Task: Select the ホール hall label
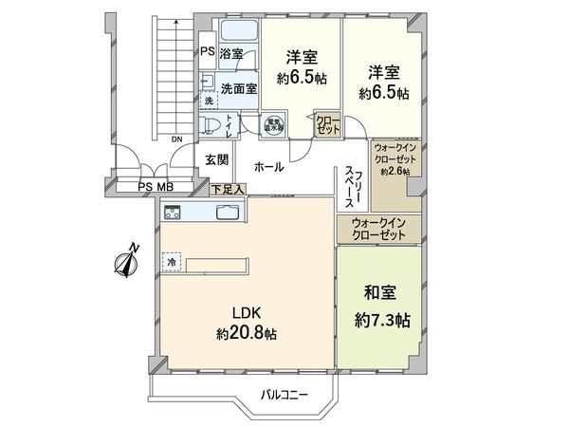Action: tap(268, 167)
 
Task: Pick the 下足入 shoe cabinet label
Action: tap(228, 189)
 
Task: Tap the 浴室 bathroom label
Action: tap(231, 53)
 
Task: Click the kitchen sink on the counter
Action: tap(229, 211)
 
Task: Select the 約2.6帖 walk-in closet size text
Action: tap(395, 173)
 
